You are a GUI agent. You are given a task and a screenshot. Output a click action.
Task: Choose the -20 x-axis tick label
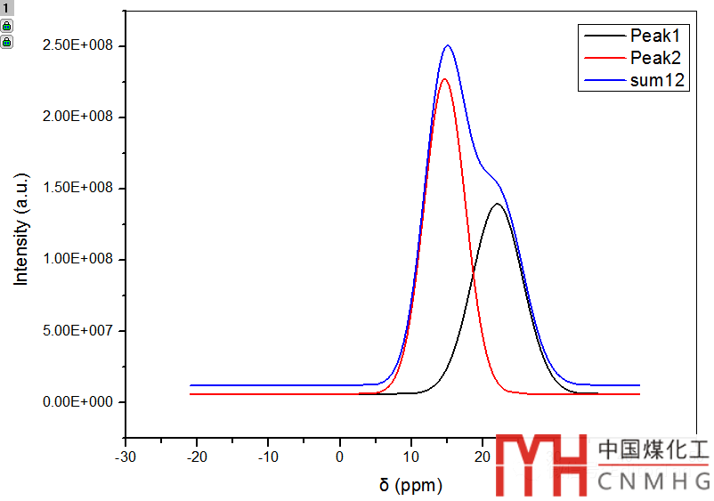[x=197, y=457]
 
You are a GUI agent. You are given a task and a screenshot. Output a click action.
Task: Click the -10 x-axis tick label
[x=268, y=457]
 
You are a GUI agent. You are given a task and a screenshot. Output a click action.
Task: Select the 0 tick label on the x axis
[x=340, y=457]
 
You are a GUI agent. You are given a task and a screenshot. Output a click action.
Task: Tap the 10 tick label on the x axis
[x=411, y=457]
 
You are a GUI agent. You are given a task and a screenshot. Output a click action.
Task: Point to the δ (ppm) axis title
[x=410, y=486]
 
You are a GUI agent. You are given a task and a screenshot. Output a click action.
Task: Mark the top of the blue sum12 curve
[x=448, y=45]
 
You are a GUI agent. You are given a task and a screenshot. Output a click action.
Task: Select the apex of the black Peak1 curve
[x=497, y=204]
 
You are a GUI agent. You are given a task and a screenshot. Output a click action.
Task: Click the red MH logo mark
[x=541, y=465]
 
